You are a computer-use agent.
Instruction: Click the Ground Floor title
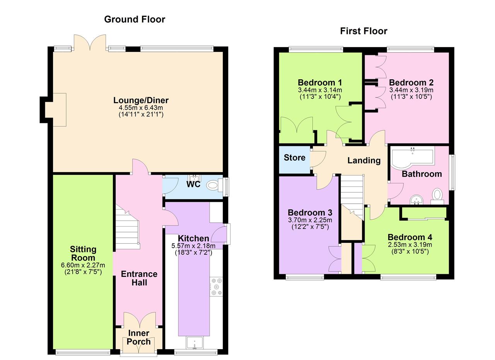click(135, 19)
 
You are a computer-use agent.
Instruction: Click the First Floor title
click(364, 31)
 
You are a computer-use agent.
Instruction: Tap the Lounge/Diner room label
click(141, 100)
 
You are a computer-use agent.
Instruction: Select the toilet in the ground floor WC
click(213, 185)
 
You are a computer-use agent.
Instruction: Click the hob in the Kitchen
click(216, 287)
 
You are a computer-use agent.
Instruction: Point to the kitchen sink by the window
click(194, 343)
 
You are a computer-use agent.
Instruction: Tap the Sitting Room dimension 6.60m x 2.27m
click(83, 265)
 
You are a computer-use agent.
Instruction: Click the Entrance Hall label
click(139, 278)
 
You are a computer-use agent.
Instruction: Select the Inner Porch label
click(138, 337)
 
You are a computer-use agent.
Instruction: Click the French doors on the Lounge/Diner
click(90, 43)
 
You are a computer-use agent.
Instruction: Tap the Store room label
click(294, 158)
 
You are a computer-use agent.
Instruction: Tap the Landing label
click(364, 160)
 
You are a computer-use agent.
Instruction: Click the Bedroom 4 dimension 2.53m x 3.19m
click(410, 245)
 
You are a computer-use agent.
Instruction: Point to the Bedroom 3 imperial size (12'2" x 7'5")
click(310, 227)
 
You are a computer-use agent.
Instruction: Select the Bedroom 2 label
click(411, 82)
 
